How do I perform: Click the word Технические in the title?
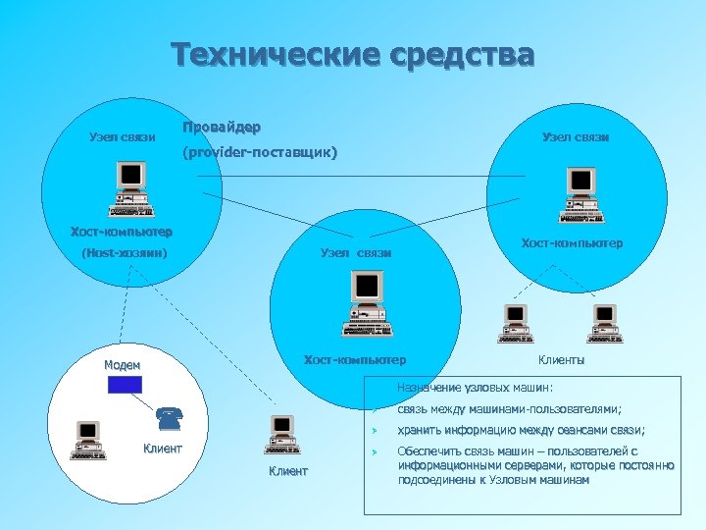(x=266, y=54)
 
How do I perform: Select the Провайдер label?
(x=222, y=129)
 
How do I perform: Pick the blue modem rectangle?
(x=125, y=383)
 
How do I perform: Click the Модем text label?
(x=124, y=364)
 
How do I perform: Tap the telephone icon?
(x=169, y=420)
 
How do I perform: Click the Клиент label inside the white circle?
(x=163, y=450)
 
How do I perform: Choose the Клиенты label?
(x=562, y=360)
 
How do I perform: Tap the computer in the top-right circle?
(x=581, y=194)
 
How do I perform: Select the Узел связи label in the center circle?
(x=356, y=253)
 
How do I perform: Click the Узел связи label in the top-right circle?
(x=576, y=137)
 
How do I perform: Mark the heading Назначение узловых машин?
(x=476, y=387)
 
